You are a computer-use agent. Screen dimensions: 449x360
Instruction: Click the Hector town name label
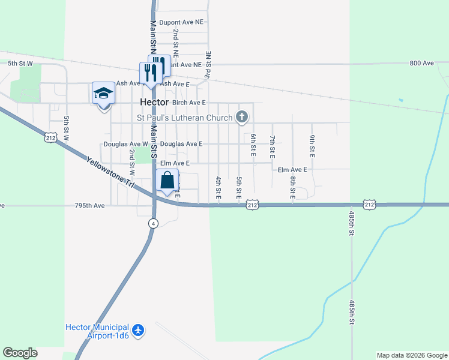(154, 102)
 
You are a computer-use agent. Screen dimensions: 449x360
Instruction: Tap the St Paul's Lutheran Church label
(184, 118)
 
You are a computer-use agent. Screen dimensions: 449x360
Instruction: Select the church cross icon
(242, 116)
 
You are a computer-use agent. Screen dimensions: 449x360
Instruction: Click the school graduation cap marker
(103, 94)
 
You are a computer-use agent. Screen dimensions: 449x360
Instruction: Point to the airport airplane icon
(139, 330)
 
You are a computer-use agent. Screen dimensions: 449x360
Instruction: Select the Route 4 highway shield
(154, 223)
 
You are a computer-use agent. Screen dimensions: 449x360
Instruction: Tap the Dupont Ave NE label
(181, 22)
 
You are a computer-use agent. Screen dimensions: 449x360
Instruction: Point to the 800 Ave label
(421, 63)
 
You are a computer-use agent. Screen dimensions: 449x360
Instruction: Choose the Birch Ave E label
(189, 103)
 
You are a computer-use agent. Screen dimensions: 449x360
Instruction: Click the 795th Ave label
(90, 205)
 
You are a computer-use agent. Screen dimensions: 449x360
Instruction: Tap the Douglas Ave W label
(125, 144)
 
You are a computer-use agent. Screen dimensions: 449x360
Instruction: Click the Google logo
(20, 353)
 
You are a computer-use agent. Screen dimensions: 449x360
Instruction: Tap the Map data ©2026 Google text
(412, 355)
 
